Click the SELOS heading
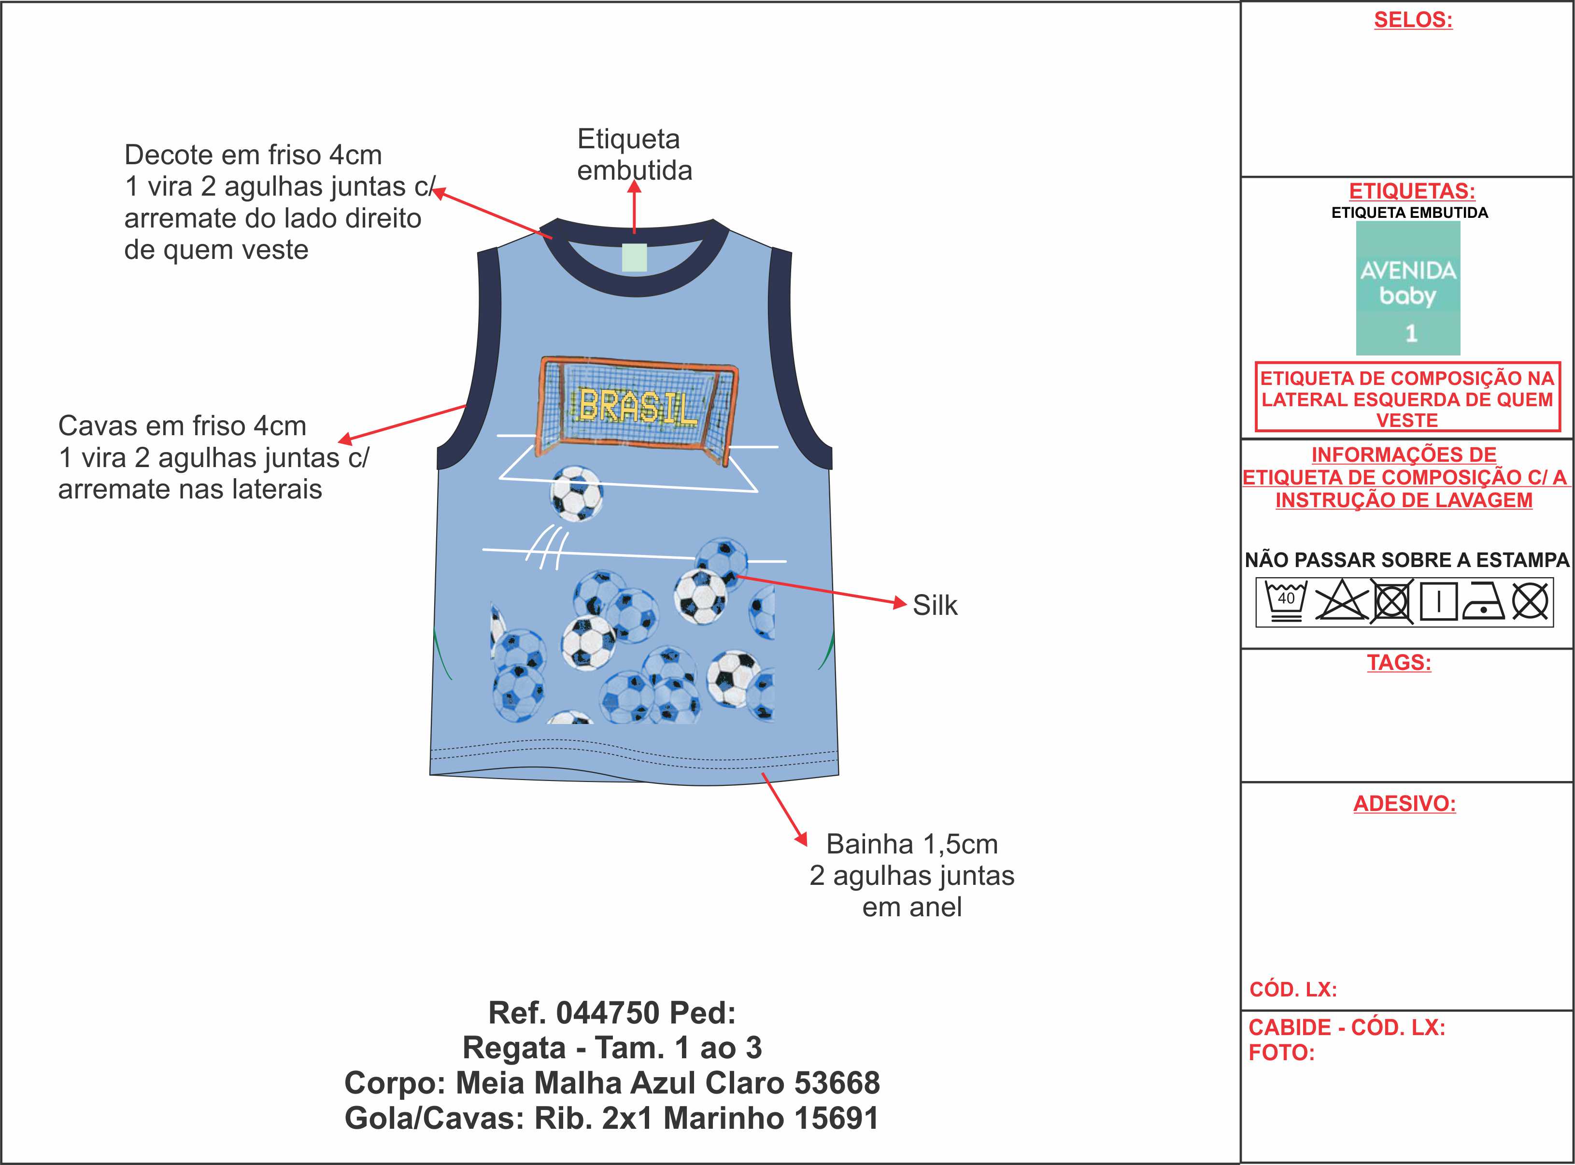click(x=1413, y=20)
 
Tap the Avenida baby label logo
click(x=1408, y=288)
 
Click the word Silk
click(x=935, y=606)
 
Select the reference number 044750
click(x=608, y=1013)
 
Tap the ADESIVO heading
click(x=1405, y=804)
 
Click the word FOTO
click(x=1281, y=1053)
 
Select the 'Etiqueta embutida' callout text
click(x=634, y=155)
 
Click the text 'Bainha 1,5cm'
click(x=911, y=844)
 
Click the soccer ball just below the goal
click(x=577, y=493)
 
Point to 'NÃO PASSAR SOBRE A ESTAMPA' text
click(x=1406, y=560)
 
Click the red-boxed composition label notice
click(x=1407, y=398)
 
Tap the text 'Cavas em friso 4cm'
click(x=182, y=426)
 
